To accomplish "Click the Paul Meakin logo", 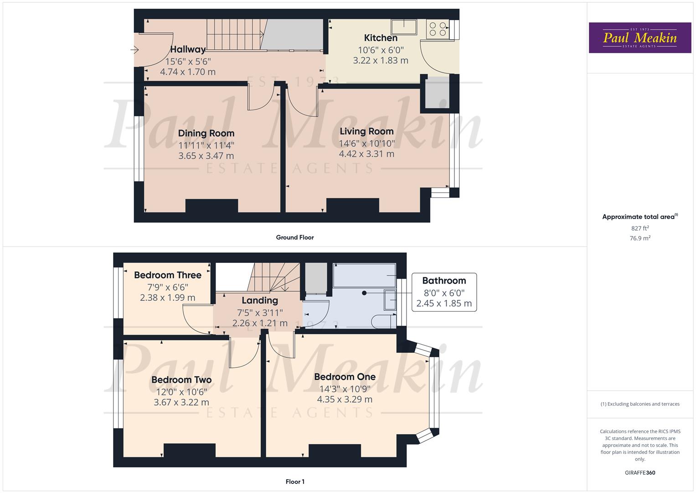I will click(x=639, y=38).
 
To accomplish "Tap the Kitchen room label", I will click(x=381, y=38).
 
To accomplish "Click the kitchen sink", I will click(x=404, y=27).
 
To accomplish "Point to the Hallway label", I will click(x=188, y=49).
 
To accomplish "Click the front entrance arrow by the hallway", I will click(x=134, y=50).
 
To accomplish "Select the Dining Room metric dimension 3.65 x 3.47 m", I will click(x=206, y=156).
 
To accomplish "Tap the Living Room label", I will click(x=366, y=131).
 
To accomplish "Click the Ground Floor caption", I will click(x=295, y=237).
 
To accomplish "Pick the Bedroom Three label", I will click(x=168, y=275).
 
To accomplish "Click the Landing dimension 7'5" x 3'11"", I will click(x=260, y=313).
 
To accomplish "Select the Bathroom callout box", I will click(x=444, y=292).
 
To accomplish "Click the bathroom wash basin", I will click(x=390, y=299).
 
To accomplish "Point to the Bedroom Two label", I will click(x=181, y=380).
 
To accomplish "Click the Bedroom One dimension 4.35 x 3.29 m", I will click(x=345, y=399).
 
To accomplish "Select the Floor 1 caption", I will click(x=295, y=482).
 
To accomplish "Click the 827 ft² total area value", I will click(x=640, y=228).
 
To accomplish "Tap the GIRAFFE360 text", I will click(x=640, y=472).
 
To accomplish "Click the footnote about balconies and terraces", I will click(x=640, y=404).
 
